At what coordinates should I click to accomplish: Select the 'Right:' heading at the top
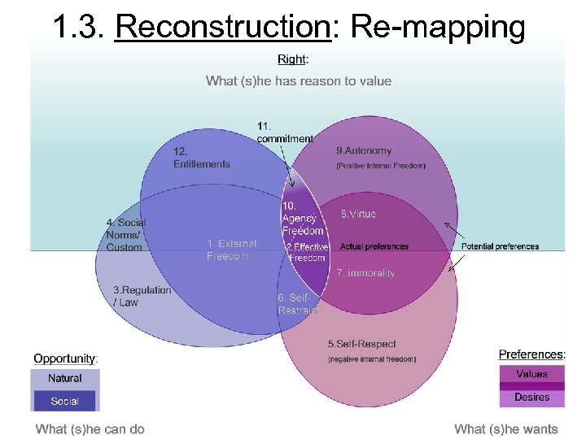coord(293,59)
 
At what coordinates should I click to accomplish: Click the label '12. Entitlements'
coord(201,158)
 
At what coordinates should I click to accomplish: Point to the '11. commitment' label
coord(284,133)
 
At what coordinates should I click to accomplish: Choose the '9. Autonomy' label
coord(364,150)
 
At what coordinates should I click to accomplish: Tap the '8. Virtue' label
coord(358,214)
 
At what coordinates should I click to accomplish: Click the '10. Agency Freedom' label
coord(302,219)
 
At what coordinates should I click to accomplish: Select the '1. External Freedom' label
coord(231,250)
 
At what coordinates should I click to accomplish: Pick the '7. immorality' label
coord(365,273)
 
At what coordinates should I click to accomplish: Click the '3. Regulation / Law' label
coord(142,296)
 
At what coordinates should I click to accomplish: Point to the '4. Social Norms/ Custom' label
coord(126,235)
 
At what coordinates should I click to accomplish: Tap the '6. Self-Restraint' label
coord(298,304)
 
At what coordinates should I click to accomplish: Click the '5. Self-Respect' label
coord(361,345)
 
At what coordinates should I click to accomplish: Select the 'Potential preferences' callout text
coord(500,246)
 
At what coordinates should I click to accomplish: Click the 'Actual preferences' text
coord(374,246)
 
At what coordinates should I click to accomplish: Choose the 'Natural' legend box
coord(65,379)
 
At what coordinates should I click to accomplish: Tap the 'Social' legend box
coord(65,401)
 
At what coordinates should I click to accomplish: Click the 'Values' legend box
coord(531,374)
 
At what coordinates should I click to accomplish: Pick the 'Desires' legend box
coord(531,397)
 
